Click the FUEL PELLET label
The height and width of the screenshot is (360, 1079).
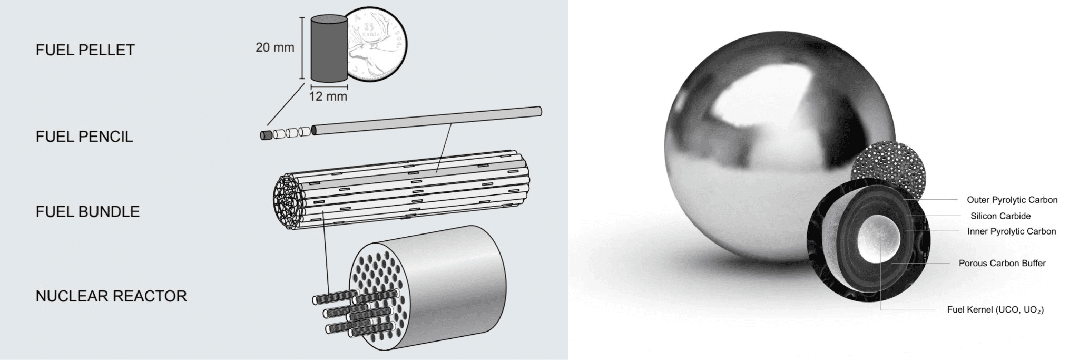coord(85,50)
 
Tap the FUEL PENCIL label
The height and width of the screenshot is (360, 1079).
coord(84,137)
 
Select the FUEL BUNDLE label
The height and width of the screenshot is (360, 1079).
coord(87,212)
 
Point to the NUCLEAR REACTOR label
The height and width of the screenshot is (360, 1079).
coord(111,296)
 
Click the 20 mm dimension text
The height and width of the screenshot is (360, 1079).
coord(274,47)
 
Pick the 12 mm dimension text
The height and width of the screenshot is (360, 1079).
coord(328,96)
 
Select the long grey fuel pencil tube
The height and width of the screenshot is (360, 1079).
coord(427,120)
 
